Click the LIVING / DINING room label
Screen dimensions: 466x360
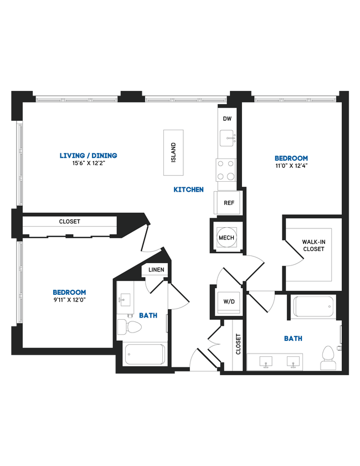[x=89, y=156]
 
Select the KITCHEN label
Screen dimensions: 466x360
[x=188, y=190]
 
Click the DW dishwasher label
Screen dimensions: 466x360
[x=227, y=119]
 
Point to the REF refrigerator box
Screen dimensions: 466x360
[x=229, y=203]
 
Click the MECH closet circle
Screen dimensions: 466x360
[x=227, y=238]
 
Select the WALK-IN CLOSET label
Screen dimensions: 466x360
[x=313, y=245]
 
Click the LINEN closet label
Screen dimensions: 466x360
[x=156, y=270]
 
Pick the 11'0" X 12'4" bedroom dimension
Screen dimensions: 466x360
[x=291, y=165]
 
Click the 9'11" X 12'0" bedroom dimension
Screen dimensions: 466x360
[x=69, y=299]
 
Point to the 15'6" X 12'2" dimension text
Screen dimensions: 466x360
[x=89, y=163]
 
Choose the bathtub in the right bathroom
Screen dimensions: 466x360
[x=314, y=306]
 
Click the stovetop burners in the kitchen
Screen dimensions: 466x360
[x=227, y=170]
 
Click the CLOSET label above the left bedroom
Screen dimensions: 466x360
[x=70, y=222]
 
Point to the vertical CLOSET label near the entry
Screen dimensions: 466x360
[x=239, y=344]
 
